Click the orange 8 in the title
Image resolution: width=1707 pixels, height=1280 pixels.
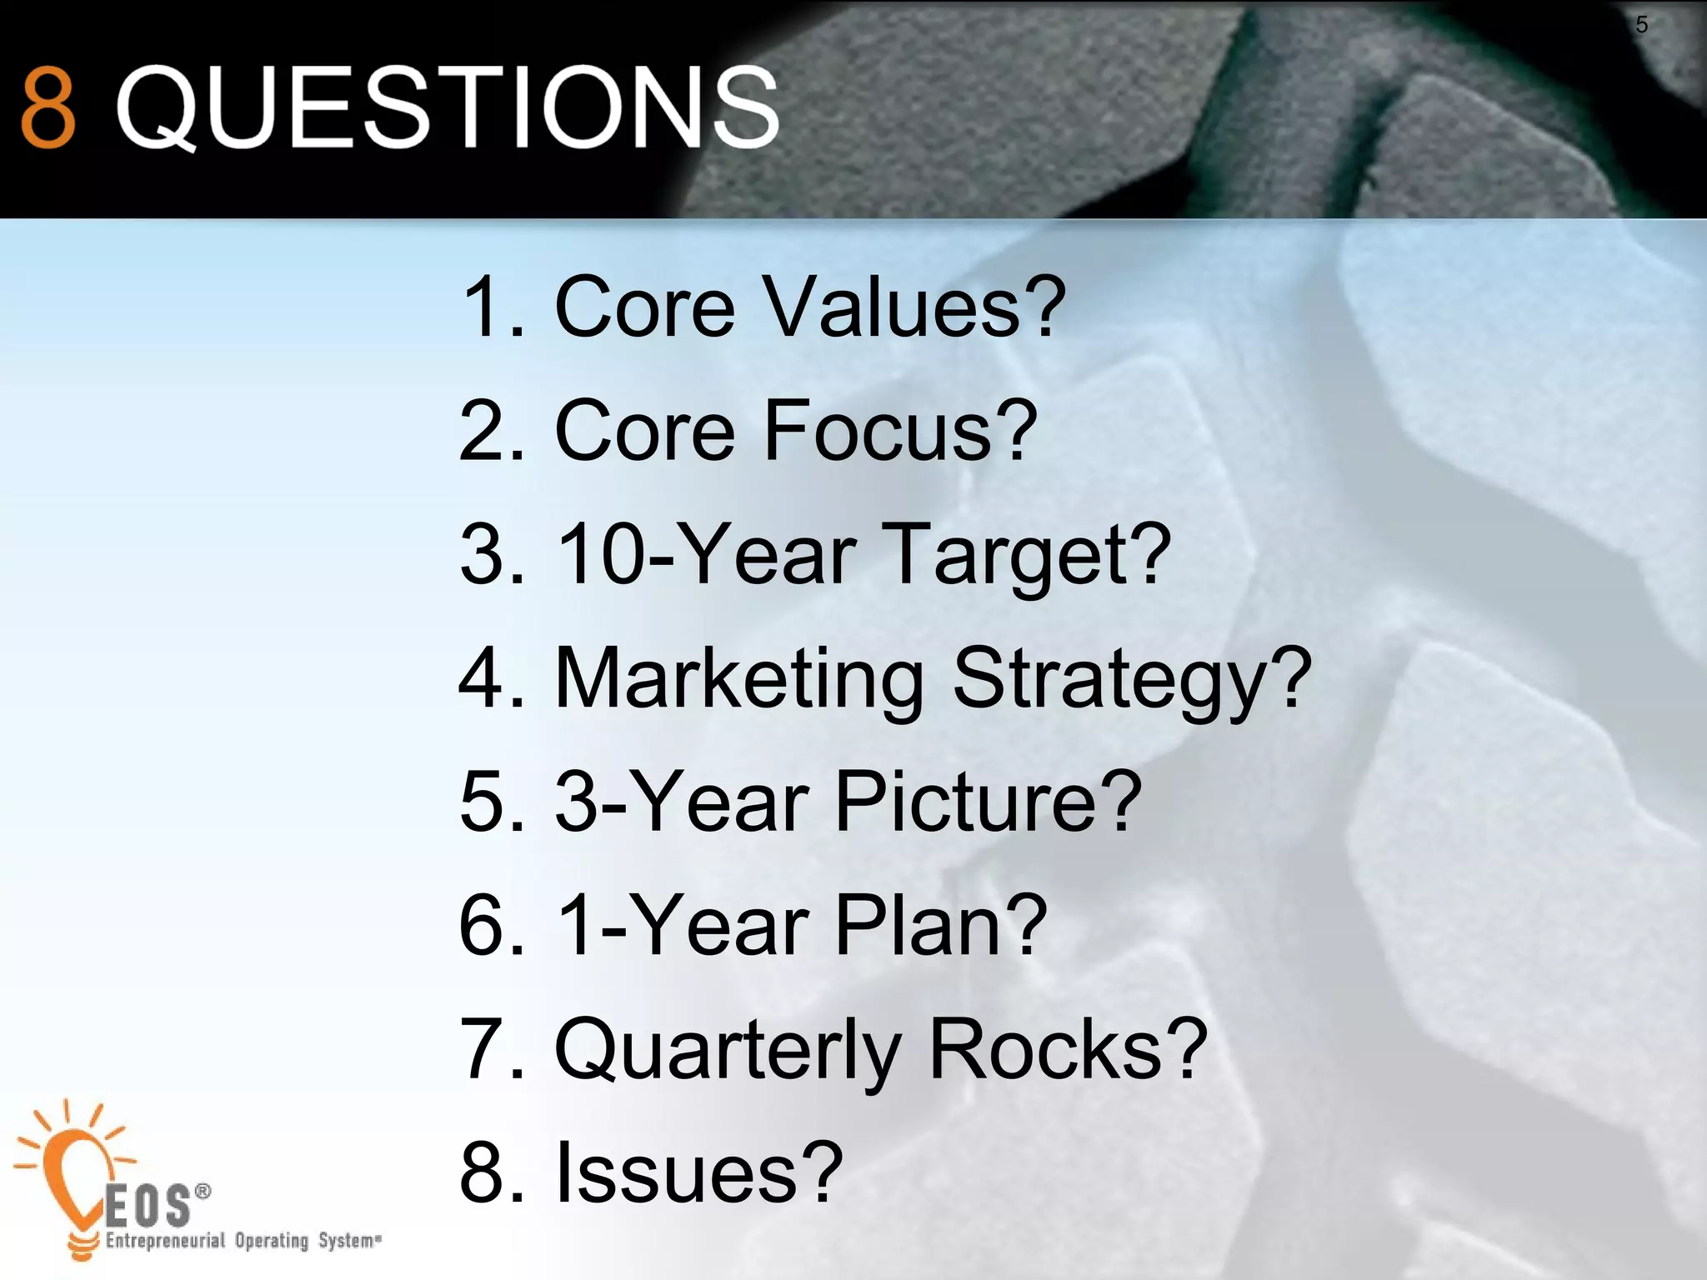click(48, 107)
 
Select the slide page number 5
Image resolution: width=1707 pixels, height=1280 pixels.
click(1641, 25)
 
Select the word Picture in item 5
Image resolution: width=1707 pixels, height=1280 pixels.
click(988, 801)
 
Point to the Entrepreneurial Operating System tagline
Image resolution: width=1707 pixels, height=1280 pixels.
click(243, 1241)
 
